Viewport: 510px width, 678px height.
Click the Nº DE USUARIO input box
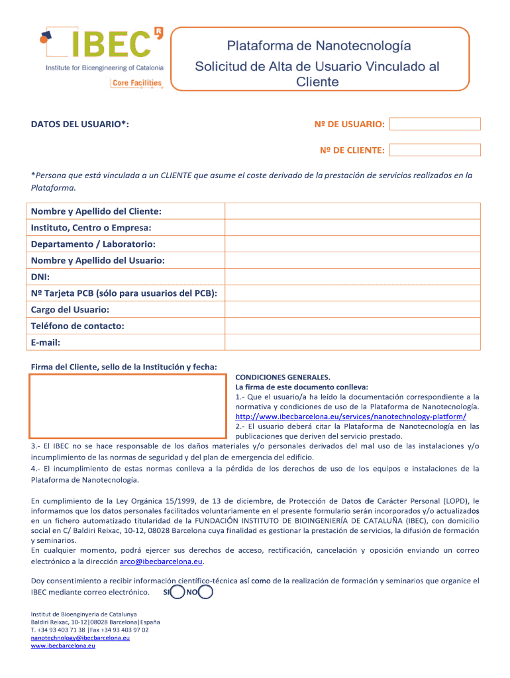pos(435,124)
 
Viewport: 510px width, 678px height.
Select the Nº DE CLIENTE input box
pos(435,150)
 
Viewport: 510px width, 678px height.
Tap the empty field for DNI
pos(352,277)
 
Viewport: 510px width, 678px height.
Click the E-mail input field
pos(352,342)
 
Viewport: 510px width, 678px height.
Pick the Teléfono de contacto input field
pos(352,326)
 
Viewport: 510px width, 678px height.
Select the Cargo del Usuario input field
pos(352,309)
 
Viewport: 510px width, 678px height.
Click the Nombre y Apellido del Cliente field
pos(352,211)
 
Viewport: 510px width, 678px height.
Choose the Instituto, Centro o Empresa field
pos(352,228)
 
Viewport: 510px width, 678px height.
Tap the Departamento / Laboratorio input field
pos(352,244)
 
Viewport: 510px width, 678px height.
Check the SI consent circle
pos(177,592)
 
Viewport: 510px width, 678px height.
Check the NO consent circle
pos(205,592)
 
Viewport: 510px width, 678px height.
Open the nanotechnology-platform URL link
pos(350,416)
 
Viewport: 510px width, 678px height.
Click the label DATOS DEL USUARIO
pos(79,124)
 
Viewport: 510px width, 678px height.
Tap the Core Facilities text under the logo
pos(137,83)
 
